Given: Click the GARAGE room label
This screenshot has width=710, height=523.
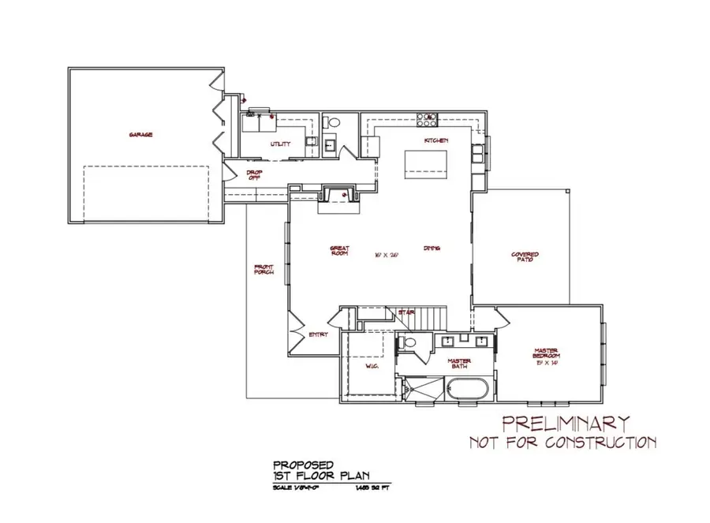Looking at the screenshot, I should point(141,135).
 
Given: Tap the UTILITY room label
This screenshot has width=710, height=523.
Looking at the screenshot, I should point(280,144).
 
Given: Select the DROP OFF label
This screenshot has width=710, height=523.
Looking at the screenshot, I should point(254,175).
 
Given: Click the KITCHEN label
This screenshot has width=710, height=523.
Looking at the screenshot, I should point(436,140).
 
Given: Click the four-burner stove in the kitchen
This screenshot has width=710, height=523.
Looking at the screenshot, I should point(428,121).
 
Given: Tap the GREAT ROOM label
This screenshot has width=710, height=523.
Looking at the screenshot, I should point(339,252).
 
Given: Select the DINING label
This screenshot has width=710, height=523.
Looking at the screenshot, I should point(431,248).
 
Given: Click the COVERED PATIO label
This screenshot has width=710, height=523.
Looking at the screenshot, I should point(525,257).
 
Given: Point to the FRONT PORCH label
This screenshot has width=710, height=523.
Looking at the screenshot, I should point(263,271).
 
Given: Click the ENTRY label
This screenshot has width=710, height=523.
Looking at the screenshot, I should point(318,334).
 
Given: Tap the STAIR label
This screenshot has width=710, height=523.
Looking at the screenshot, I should point(406,313).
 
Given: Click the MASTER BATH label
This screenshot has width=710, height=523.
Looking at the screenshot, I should point(460,364).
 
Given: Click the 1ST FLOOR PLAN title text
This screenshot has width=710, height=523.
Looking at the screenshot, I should point(321,476).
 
